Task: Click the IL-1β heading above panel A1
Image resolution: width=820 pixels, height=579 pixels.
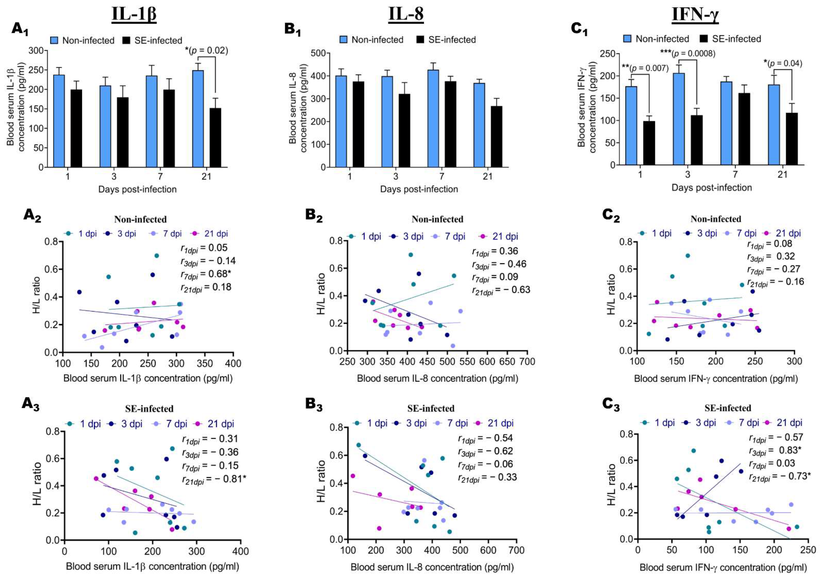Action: [134, 15]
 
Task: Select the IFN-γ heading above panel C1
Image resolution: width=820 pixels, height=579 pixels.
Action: [695, 15]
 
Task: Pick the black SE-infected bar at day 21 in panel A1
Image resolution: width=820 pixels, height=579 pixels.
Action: [215, 137]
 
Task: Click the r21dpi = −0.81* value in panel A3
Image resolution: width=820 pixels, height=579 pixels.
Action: [214, 479]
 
